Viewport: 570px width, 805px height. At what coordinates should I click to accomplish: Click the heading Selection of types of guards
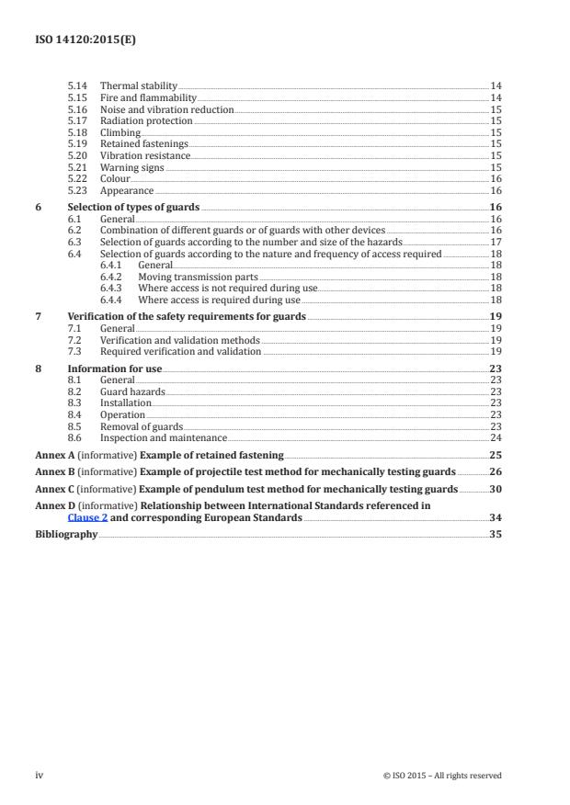click(133, 208)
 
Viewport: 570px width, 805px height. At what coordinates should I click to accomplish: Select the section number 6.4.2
click(112, 276)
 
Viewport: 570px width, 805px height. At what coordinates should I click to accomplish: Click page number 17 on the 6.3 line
click(496, 242)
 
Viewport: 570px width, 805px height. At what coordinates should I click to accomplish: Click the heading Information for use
click(115, 368)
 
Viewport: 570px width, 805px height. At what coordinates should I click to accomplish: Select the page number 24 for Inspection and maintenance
click(496, 437)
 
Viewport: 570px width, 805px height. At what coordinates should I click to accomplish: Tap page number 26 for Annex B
click(496, 471)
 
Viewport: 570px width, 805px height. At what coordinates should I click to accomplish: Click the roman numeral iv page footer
click(40, 775)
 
